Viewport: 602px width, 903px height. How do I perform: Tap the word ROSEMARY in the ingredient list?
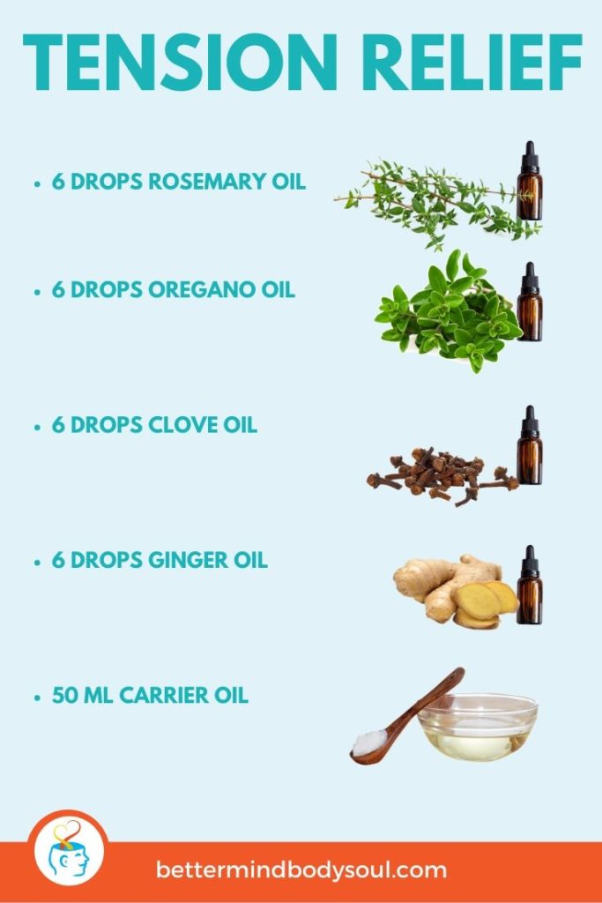(x=205, y=183)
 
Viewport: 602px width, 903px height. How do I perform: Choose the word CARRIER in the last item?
(x=164, y=695)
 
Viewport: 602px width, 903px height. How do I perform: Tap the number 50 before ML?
(x=63, y=695)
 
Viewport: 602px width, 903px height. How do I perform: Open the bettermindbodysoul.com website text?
(x=301, y=870)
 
